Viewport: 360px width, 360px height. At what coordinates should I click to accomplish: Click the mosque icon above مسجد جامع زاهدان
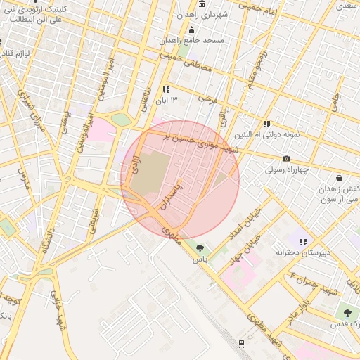tap(191, 30)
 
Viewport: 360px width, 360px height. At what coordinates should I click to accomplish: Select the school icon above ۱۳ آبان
tap(166, 90)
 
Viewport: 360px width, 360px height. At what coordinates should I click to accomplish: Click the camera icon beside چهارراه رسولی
tap(286, 159)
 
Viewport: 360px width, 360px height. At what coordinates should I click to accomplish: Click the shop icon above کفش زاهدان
tap(340, 178)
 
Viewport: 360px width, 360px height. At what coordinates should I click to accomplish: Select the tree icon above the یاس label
tap(201, 247)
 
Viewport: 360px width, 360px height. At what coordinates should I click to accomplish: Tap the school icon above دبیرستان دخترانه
tap(303, 242)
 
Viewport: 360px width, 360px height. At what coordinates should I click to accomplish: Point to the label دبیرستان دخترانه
tap(304, 252)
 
